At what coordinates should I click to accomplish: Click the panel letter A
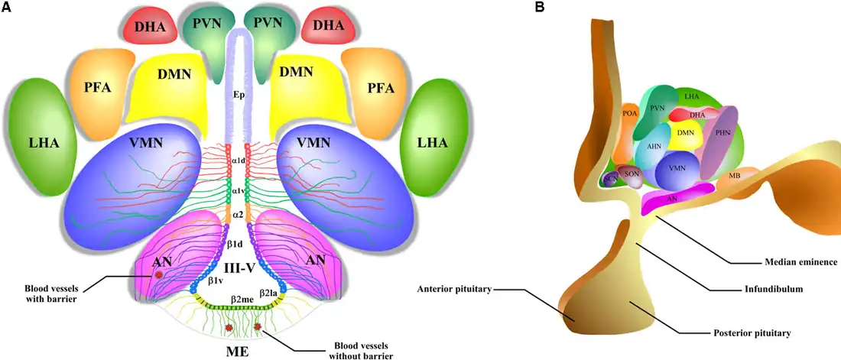coord(7,8)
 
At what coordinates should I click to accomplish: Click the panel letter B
coord(541,8)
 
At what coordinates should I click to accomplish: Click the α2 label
coord(237,216)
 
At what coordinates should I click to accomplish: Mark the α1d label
coord(237,161)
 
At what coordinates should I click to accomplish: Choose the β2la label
coord(269,293)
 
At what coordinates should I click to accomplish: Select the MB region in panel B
coord(734,176)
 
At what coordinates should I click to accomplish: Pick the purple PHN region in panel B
coord(722,132)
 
